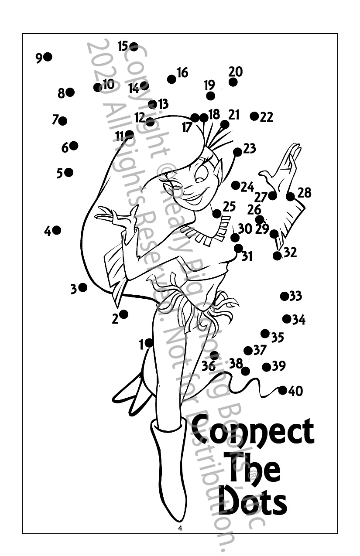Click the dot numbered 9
48,57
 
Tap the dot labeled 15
134,47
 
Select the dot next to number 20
233,82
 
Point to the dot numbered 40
283,390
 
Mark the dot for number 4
57,230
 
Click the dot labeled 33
285,297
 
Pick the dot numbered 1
149,343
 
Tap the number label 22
267,117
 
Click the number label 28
305,192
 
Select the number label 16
182,72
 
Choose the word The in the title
253,467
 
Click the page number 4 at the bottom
180,529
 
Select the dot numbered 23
238,152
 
